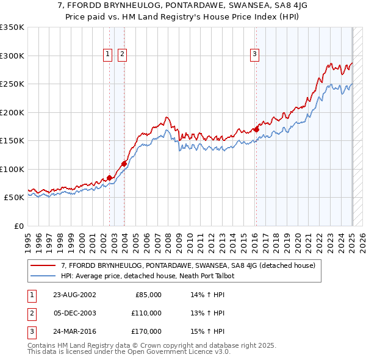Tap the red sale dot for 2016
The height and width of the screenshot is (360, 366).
pyautogui.click(x=257, y=129)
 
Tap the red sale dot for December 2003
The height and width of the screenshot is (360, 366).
pyautogui.click(x=124, y=164)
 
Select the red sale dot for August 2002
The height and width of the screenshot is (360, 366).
pyautogui.click(x=110, y=178)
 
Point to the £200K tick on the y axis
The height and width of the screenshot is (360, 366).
pyautogui.click(x=12, y=112)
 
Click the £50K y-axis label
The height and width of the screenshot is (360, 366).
pyautogui.click(x=14, y=198)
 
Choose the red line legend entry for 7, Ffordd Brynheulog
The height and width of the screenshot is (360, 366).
pyautogui.click(x=188, y=265)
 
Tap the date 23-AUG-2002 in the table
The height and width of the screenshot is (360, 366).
pyautogui.click(x=74, y=295)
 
